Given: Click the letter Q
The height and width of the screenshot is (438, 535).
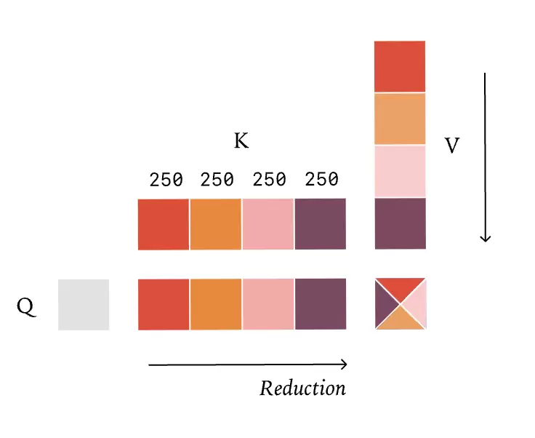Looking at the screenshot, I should [25, 308].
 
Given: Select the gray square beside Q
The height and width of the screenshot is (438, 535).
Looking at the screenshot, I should [84, 305].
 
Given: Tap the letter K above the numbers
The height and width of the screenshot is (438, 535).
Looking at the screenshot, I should [241, 141].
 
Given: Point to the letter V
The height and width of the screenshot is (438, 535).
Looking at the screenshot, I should [452, 146].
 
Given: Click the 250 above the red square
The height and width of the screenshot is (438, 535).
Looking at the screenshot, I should [166, 179].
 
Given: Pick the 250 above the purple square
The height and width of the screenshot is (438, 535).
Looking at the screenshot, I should [321, 179].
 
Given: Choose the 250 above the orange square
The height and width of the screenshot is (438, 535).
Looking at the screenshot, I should [217, 179].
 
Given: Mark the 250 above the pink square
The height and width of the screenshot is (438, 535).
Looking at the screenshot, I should [270, 179].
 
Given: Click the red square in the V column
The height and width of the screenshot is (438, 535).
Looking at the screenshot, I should [400, 66].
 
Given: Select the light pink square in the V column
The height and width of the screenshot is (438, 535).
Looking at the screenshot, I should [400, 171].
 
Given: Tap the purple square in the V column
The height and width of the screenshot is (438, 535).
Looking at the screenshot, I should [400, 223].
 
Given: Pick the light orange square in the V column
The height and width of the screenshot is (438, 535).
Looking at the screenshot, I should [400, 119].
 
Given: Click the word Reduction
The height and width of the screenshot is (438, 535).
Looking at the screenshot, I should [302, 388].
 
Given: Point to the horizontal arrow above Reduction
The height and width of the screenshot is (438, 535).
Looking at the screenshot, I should [247, 365].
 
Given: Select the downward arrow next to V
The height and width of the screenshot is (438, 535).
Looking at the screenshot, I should [486, 156].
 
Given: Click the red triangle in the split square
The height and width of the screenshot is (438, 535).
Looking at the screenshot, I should [401, 289].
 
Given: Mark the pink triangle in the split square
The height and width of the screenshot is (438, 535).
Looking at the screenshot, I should [417, 305].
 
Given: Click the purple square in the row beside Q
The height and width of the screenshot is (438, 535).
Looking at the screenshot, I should [321, 305].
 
